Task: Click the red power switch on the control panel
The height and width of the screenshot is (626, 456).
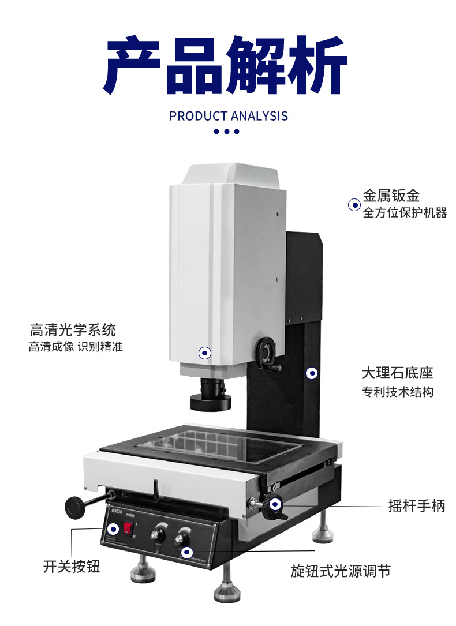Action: click(128, 528)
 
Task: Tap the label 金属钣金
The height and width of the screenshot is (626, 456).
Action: click(391, 196)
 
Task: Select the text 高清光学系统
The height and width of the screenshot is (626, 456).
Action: click(73, 330)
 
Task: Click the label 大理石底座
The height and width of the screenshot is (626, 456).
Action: click(397, 373)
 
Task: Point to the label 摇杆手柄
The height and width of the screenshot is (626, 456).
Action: click(417, 507)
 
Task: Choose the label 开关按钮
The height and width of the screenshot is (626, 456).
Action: click(72, 567)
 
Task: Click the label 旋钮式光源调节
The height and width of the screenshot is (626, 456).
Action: click(341, 571)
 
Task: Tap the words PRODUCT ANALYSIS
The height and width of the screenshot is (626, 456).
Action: click(229, 116)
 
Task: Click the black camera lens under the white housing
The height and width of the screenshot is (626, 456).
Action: click(211, 395)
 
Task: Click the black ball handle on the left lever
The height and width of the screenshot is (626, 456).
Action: click(74, 507)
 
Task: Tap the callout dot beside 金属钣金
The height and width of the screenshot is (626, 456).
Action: click(354, 204)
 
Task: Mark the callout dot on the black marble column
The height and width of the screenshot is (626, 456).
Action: click(312, 373)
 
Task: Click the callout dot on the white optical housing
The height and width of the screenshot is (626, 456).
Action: click(204, 353)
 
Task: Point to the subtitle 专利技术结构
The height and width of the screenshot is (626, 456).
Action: click(397, 392)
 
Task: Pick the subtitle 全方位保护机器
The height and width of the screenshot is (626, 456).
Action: click(405, 213)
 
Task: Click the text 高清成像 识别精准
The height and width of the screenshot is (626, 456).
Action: click(76, 347)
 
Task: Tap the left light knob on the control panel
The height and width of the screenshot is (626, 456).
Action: click(156, 534)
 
